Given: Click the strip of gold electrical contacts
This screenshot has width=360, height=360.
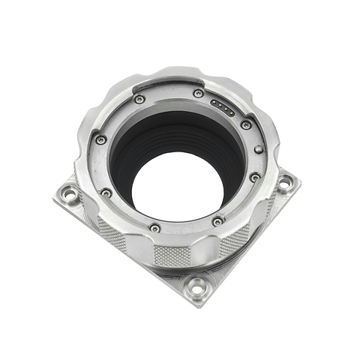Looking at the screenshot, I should (223, 107).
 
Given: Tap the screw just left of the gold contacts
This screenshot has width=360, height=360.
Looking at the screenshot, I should (198, 94).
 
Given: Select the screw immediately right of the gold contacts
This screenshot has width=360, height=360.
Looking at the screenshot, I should (246, 124).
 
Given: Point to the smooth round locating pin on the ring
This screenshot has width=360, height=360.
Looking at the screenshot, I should (259, 149).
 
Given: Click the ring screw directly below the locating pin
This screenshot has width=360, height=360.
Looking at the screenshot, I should (255, 178).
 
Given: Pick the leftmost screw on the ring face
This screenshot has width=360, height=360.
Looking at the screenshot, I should (100, 139).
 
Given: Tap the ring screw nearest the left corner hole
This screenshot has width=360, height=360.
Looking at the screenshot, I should (106, 192).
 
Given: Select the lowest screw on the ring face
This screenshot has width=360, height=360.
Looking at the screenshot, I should (154, 227).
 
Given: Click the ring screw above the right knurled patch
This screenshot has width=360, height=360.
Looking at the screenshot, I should (217, 222).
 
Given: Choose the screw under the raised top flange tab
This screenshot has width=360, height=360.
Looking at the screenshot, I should (139, 99).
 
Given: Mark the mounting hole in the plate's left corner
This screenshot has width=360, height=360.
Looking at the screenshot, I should (70, 194).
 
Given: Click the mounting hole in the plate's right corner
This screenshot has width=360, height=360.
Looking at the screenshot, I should (285, 181).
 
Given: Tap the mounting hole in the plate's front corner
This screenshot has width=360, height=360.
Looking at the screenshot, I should (196, 286).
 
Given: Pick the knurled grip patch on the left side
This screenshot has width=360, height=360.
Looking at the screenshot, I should (111, 234).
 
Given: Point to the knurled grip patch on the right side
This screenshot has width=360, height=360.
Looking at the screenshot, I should (235, 241).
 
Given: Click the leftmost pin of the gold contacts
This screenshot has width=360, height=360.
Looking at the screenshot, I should (214, 103).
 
